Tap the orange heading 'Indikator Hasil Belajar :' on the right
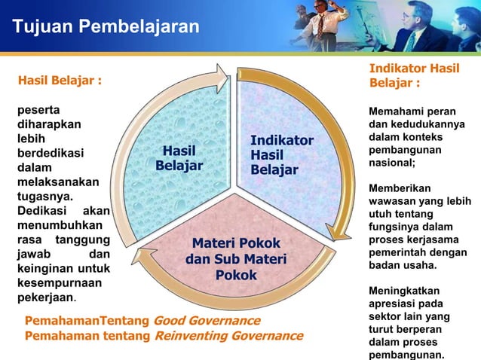click(x=413, y=75)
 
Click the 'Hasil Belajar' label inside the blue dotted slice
click(x=179, y=157)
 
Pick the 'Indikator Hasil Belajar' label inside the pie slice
click(x=281, y=155)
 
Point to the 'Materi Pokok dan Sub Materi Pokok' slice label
click(x=236, y=259)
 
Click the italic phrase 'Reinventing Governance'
click(x=228, y=335)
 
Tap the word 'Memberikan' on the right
click(x=398, y=188)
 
